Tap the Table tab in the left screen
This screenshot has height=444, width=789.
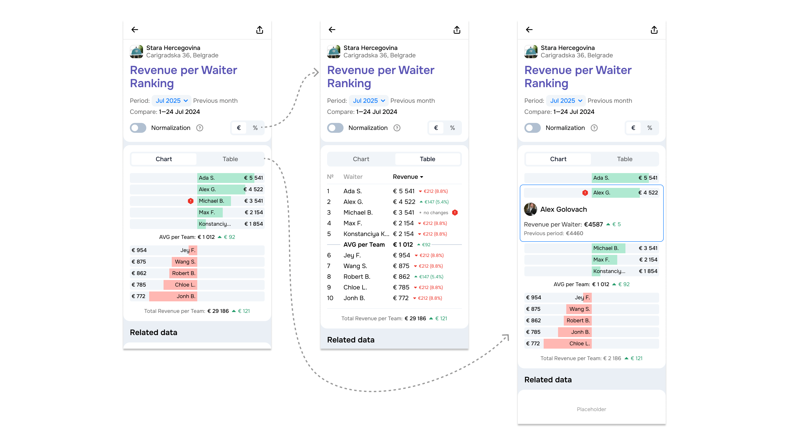click(x=230, y=159)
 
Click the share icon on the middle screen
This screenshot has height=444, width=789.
click(x=457, y=30)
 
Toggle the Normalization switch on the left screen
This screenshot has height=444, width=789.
click(x=138, y=128)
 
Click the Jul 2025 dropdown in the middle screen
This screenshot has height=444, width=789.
click(x=368, y=101)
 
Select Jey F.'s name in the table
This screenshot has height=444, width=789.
click(x=352, y=255)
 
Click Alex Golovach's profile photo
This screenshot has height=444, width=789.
click(x=530, y=209)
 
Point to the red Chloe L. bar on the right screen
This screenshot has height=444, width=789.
click(x=567, y=343)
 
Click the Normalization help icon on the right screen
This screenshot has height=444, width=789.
click(x=594, y=128)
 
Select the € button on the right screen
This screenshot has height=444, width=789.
click(x=633, y=128)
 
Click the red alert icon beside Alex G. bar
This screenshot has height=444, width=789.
click(x=585, y=193)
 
